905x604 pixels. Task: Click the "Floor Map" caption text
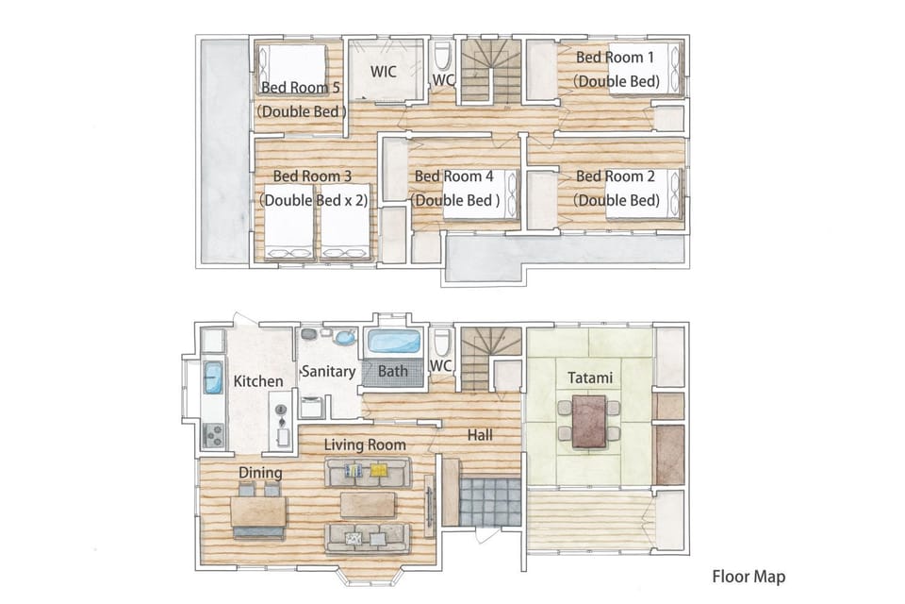point(749,577)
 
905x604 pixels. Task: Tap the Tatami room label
point(589,378)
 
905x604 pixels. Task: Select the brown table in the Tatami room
point(590,421)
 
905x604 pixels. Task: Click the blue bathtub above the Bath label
point(394,341)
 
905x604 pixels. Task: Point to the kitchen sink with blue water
point(213,377)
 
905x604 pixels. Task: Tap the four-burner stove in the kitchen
point(213,435)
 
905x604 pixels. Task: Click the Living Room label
point(365,445)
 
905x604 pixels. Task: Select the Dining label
point(260,473)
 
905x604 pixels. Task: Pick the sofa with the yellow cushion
point(368,472)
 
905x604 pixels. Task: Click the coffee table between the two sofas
point(369,505)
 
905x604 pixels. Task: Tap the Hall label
point(480,435)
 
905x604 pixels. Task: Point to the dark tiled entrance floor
point(489,501)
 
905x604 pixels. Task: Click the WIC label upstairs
point(384,72)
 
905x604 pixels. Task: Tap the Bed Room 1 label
point(615,58)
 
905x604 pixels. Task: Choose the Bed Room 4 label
point(454,176)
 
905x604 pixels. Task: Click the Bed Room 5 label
point(300,87)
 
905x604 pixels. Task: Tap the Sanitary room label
point(328,371)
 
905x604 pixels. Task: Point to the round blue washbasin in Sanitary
point(346,337)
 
